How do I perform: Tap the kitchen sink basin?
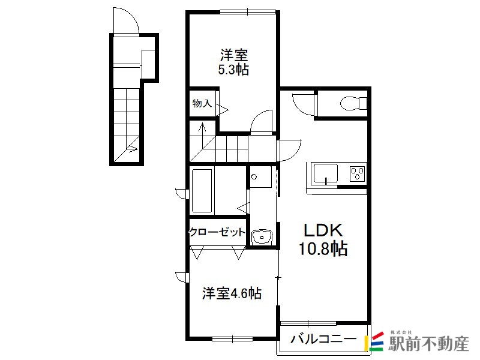point(325,174)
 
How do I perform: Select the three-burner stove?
point(358,173)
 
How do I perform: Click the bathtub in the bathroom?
point(202,191)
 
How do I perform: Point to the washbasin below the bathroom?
point(262,236)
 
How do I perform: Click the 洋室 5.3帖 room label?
point(233,62)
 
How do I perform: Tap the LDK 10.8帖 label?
point(323,239)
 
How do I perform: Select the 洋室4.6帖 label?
point(232,293)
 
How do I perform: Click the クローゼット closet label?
point(217,232)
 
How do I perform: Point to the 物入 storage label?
point(202,103)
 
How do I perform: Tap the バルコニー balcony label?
point(323,339)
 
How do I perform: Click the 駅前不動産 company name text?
point(428,344)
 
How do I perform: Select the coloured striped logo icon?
point(373,341)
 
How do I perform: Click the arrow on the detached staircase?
point(132,149)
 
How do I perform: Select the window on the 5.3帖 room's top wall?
point(248,12)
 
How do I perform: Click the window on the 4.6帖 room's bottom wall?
point(232,339)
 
